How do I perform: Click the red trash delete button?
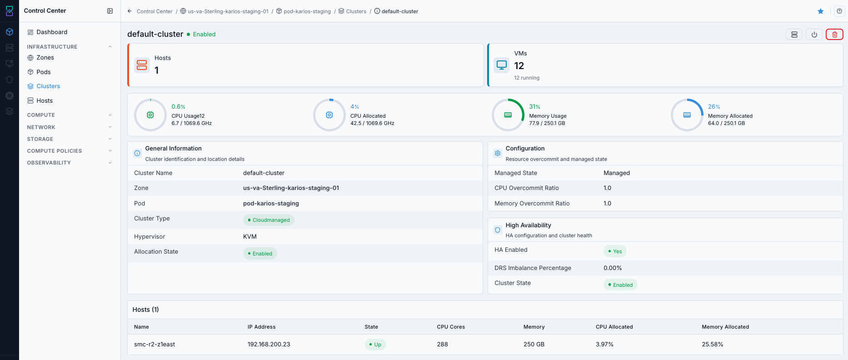(x=834, y=35)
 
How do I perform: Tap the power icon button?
(x=814, y=35)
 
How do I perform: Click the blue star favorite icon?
(x=821, y=11)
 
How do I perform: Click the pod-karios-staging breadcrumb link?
(x=307, y=11)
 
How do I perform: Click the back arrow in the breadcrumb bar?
(x=130, y=11)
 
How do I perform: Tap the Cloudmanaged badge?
(x=269, y=220)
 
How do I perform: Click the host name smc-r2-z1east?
(x=155, y=345)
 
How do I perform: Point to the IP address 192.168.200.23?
(x=269, y=345)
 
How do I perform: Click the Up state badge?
(x=375, y=345)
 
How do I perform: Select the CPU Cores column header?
(x=451, y=327)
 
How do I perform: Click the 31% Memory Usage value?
(x=534, y=107)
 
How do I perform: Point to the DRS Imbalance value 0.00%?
(x=613, y=268)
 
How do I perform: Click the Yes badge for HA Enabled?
(x=615, y=251)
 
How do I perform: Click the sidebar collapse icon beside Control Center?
(x=110, y=11)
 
